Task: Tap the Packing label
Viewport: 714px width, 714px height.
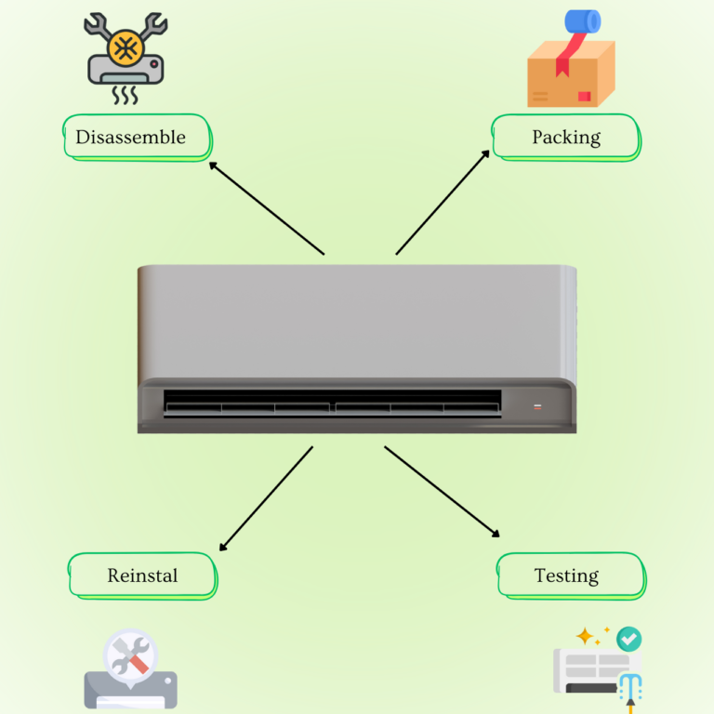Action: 565,138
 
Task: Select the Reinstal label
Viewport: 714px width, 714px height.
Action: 142,575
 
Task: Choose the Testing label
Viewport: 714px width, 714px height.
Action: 566,575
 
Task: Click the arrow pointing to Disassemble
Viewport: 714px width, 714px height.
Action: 266,207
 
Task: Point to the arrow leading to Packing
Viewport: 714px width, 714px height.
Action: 443,202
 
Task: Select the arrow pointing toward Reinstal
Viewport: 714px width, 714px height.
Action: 266,498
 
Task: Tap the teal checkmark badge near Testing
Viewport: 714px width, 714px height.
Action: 629,639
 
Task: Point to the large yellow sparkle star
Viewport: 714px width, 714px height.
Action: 585,637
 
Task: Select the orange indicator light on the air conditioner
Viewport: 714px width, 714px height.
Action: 536,407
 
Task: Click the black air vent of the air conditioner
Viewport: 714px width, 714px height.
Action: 332,403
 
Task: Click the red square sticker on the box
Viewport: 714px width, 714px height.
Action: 583,96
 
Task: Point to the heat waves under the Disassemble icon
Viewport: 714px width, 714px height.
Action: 125,95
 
